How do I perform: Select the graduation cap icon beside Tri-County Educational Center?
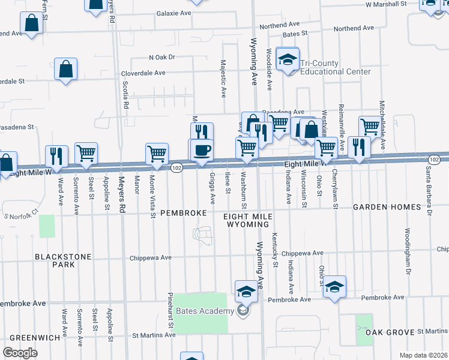288,60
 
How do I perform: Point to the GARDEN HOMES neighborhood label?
387,207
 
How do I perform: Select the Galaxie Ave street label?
173,13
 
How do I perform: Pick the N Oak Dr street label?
161,58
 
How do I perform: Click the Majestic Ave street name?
223,78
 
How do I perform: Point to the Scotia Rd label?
125,95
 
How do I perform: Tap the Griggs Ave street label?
212,188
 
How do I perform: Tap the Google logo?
20,353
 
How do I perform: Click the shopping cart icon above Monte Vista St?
157,153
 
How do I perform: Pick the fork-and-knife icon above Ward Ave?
55,156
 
